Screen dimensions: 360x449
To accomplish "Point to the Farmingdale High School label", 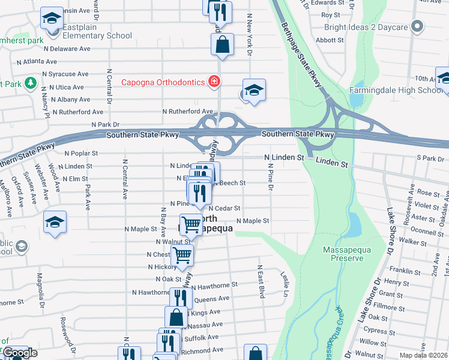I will coord(396,91).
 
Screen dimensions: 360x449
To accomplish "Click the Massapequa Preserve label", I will coord(343,254).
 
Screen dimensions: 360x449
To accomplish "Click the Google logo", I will coord(20,353).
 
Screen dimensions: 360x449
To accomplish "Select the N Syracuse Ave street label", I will coord(65,74).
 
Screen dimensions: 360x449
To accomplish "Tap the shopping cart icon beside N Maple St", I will coord(191,224).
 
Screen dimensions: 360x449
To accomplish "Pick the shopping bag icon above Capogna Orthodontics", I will coord(222,44).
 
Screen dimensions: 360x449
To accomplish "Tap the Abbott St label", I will coord(330,40).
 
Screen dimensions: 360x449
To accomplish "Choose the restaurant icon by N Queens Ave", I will coord(179,298).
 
